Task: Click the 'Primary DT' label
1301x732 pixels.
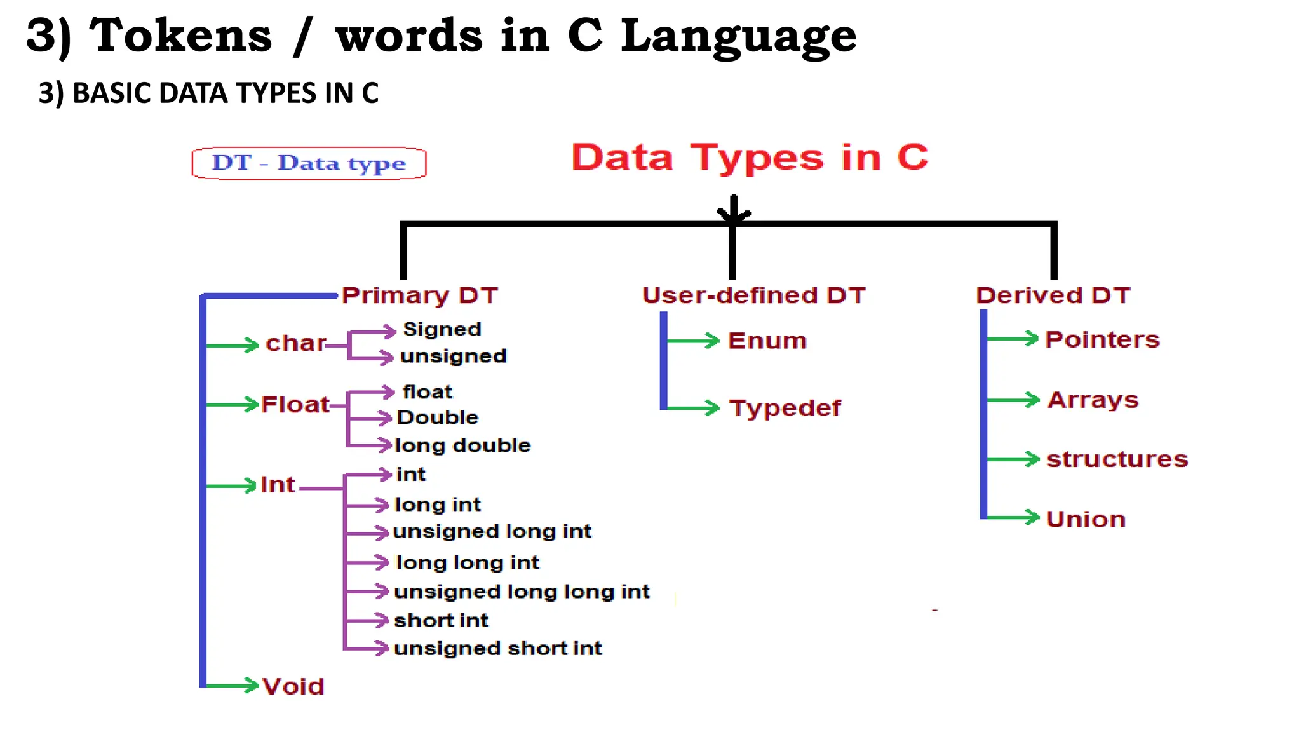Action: pos(420,295)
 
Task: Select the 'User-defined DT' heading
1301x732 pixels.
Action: pos(754,295)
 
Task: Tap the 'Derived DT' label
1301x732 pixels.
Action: pos(1054,295)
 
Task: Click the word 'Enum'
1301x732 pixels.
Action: pos(767,341)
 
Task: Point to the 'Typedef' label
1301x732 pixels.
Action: pos(785,408)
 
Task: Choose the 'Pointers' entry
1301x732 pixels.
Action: pos(1102,339)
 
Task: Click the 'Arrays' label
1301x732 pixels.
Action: pos(1093,400)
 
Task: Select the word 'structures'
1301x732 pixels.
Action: pos(1117,459)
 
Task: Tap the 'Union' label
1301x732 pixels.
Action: pos(1086,519)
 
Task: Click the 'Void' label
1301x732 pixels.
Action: pos(293,686)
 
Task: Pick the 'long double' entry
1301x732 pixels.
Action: pos(462,445)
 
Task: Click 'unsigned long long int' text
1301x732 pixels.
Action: pos(522,592)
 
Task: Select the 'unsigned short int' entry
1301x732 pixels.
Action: pos(497,648)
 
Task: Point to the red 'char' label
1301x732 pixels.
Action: pos(295,343)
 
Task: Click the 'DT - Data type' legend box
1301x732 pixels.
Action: pos(309,163)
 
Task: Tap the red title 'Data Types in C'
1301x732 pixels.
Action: pos(750,157)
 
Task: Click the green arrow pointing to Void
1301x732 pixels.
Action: pos(233,685)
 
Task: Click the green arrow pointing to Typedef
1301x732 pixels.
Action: pos(692,407)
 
